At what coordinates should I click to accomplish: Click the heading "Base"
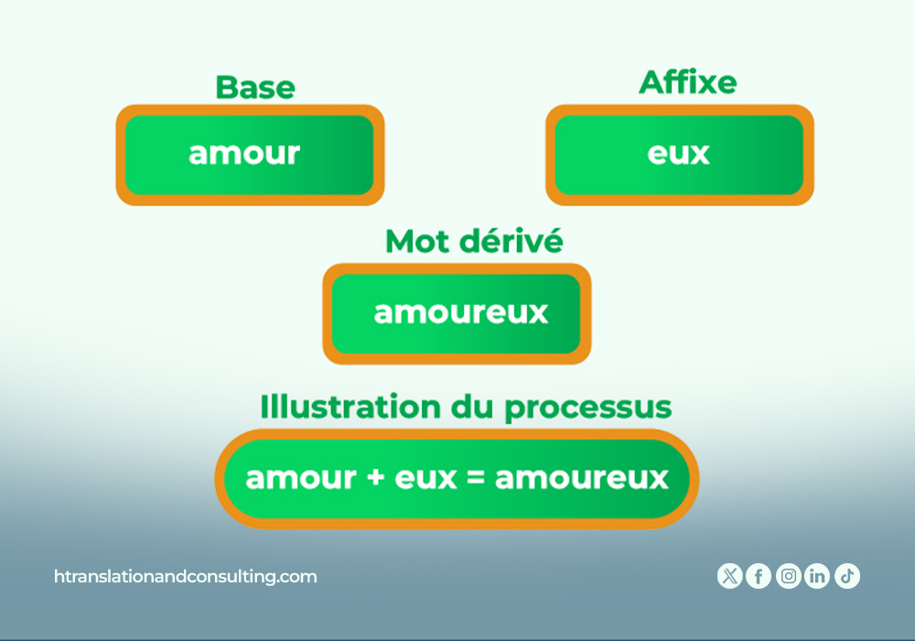pyautogui.click(x=255, y=88)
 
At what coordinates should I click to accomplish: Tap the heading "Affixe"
pyautogui.click(x=688, y=82)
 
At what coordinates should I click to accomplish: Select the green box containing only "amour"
pyautogui.click(x=250, y=155)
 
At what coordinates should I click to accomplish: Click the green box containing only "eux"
pyautogui.click(x=679, y=155)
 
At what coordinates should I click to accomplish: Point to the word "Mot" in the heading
pyautogui.click(x=418, y=241)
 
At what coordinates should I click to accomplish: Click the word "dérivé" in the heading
pyautogui.click(x=511, y=241)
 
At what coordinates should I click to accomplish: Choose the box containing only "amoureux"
pyautogui.click(x=457, y=314)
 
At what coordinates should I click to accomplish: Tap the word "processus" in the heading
pyautogui.click(x=588, y=408)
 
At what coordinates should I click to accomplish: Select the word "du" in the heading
pyautogui.click(x=473, y=407)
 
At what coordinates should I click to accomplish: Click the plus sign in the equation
pyautogui.click(x=376, y=477)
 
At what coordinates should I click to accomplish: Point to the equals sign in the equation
pyautogui.click(x=476, y=477)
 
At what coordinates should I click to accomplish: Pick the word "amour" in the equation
pyautogui.click(x=301, y=478)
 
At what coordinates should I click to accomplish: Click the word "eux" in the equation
pyautogui.click(x=426, y=478)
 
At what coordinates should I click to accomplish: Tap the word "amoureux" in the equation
pyautogui.click(x=582, y=478)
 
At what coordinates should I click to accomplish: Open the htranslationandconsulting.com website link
pyautogui.click(x=186, y=577)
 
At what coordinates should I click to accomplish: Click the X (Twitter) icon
pyautogui.click(x=729, y=576)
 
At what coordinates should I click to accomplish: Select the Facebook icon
pyautogui.click(x=759, y=576)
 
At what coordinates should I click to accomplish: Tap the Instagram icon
pyautogui.click(x=789, y=576)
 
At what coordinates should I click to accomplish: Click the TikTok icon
pyautogui.click(x=847, y=576)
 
